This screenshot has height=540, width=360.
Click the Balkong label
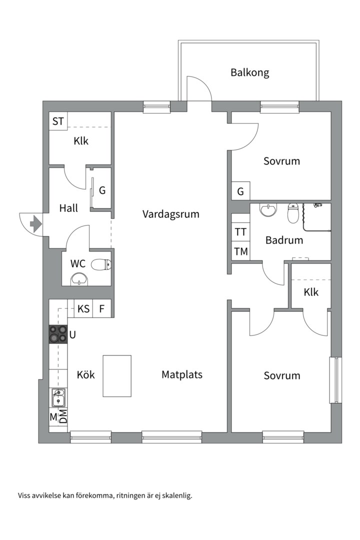[249, 72]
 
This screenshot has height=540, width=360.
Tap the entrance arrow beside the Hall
[35, 223]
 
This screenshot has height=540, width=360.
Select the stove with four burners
[58, 334]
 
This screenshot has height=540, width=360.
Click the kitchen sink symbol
[58, 398]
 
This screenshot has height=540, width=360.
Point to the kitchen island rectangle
[117, 375]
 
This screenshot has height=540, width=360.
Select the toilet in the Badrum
[293, 213]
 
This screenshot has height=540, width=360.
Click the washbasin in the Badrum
[268, 210]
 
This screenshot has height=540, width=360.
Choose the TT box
[240, 232]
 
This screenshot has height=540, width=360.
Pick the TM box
[240, 251]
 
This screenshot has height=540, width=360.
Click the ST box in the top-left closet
[58, 121]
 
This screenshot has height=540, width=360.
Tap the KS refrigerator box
[83, 309]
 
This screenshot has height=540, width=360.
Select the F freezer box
[102, 309]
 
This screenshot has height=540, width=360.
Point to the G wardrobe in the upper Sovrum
[240, 191]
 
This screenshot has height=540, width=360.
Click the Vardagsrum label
[170, 214]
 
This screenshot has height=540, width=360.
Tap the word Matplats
[182, 374]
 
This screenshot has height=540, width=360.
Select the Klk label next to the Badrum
[310, 292]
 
